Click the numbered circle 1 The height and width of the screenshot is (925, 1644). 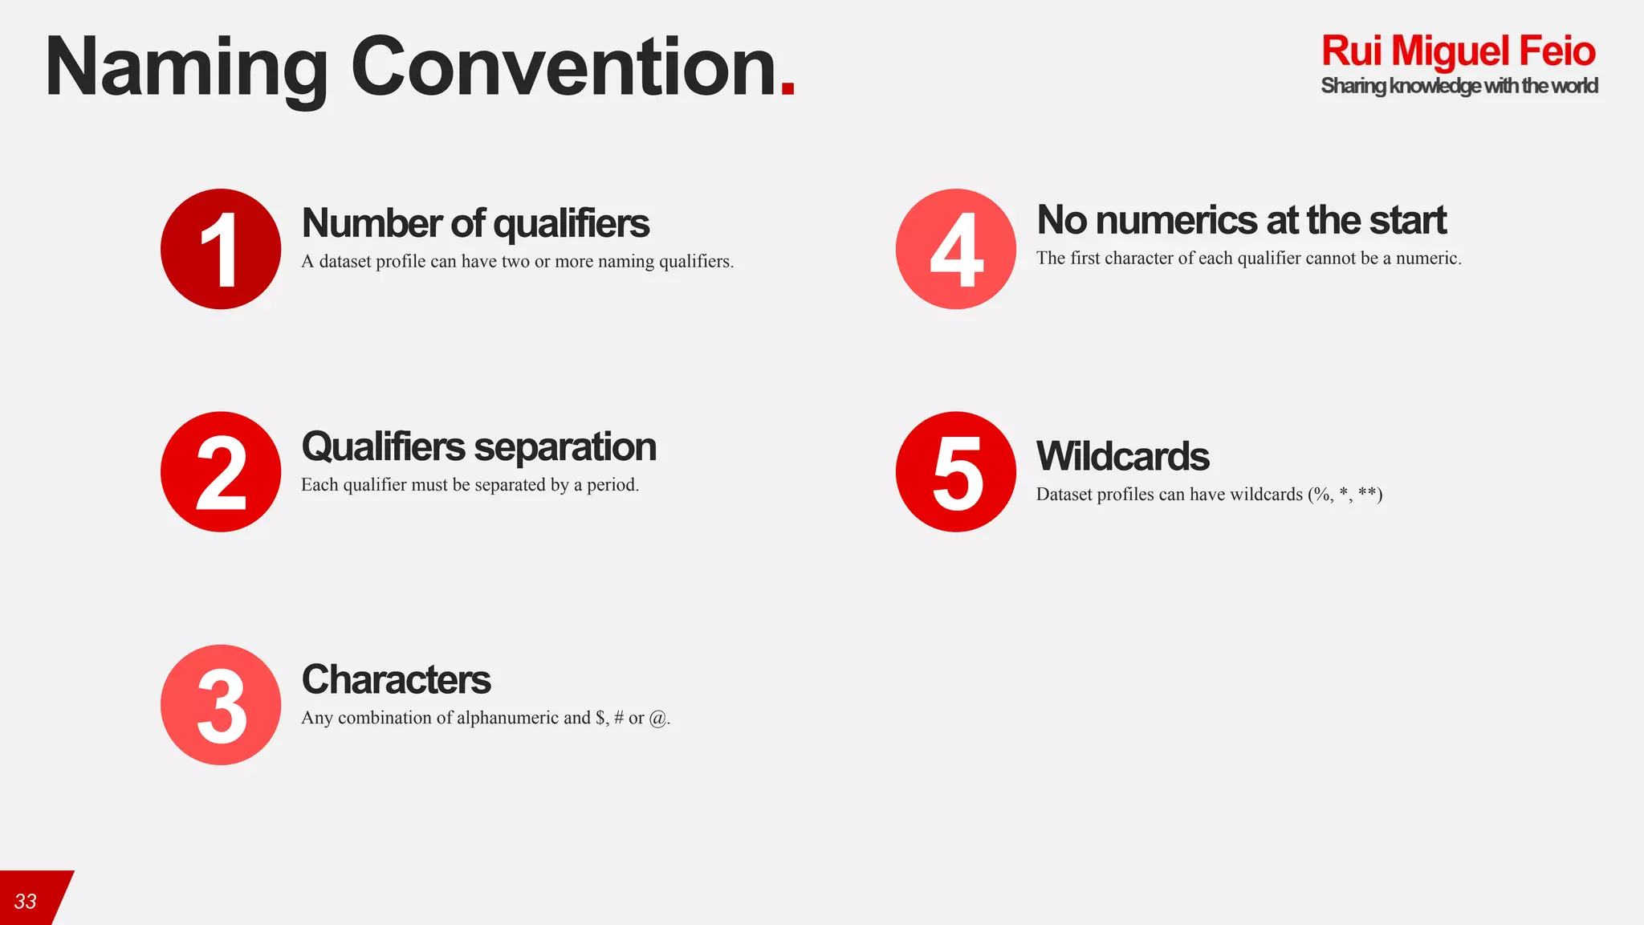click(221, 249)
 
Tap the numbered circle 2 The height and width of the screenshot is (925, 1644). click(221, 472)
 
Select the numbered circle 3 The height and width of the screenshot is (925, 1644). click(221, 705)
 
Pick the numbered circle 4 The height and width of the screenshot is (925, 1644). click(956, 249)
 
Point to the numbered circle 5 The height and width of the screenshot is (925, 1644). click(956, 472)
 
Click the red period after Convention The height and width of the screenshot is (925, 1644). click(787, 90)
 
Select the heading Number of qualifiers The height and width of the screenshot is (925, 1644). click(475, 223)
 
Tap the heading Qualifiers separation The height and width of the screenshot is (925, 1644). click(478, 446)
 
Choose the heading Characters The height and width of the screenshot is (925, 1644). click(396, 679)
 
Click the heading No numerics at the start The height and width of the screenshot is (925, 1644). click(1241, 220)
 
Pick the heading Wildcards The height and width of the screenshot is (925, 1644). click(1122, 456)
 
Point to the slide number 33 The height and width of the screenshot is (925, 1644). click(26, 901)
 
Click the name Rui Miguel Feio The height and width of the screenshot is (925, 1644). click(1458, 51)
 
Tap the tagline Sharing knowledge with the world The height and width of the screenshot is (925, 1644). click(1459, 86)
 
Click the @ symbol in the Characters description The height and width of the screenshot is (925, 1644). click(657, 718)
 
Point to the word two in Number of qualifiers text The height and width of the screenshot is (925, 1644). click(515, 262)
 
